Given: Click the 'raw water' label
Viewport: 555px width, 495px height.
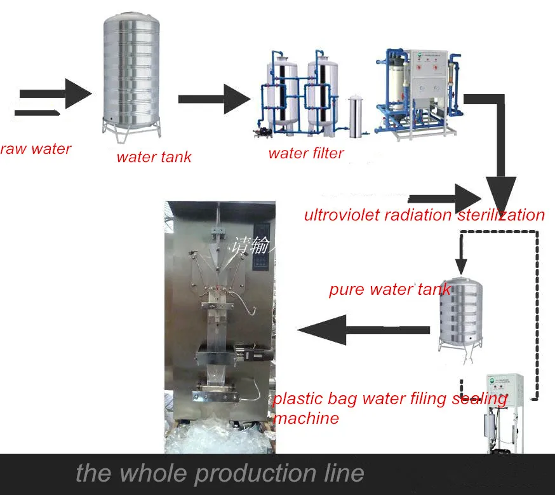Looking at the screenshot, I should point(35,149).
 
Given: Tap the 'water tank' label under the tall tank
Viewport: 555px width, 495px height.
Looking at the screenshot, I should point(154,157).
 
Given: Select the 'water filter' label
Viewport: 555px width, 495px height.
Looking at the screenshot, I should point(305,153).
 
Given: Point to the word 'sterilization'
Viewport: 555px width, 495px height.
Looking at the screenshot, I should point(501,215).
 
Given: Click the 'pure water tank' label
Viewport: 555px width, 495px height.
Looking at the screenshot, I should point(389,290).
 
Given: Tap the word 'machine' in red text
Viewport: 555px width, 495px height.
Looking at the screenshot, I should point(305,418).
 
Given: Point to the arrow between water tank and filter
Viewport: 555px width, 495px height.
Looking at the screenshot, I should point(214,99).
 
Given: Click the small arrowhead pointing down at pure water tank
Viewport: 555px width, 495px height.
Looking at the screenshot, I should point(462,267).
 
